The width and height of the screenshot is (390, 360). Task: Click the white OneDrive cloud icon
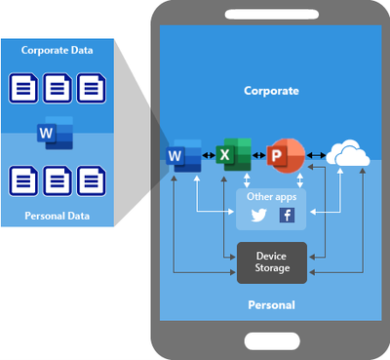click(x=346, y=154)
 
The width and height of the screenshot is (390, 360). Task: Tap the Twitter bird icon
click(x=258, y=216)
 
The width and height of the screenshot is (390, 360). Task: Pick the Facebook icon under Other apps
click(x=287, y=216)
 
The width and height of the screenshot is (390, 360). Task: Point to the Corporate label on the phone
click(x=272, y=90)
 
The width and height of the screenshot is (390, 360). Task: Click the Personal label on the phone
click(x=272, y=306)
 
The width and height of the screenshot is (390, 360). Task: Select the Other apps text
click(x=272, y=197)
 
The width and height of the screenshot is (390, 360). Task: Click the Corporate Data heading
click(x=59, y=48)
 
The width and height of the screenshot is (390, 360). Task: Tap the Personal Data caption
click(x=58, y=215)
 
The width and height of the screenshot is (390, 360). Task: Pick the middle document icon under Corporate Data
click(x=58, y=90)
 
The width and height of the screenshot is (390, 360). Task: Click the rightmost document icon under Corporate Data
click(x=93, y=90)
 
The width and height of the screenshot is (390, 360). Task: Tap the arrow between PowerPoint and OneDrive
click(x=316, y=155)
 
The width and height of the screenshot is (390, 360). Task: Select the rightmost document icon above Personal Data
click(x=93, y=180)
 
